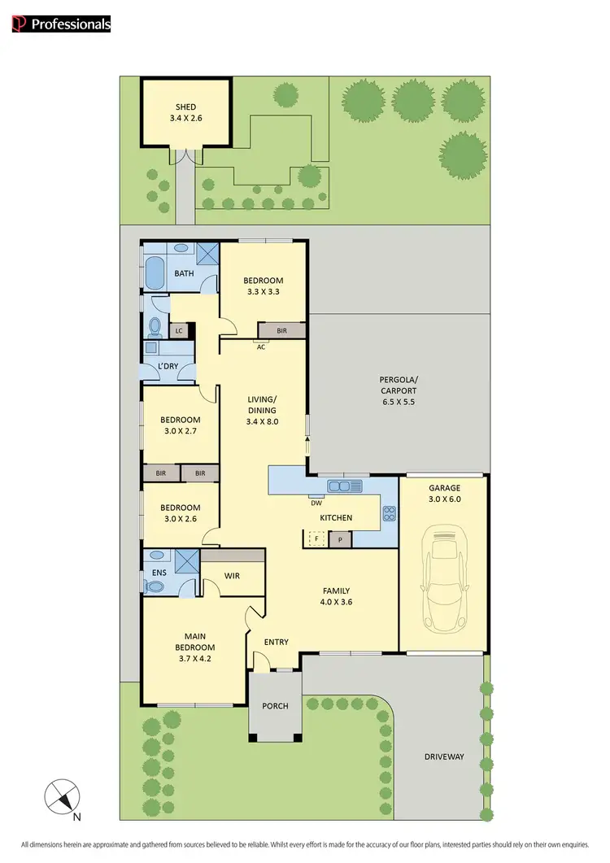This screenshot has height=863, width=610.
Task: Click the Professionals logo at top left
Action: pos(62,24)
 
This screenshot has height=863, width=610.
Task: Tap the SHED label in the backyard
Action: pos(185,107)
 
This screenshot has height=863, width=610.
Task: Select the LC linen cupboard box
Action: pos(179,331)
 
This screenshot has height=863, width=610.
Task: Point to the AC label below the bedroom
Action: pos(262,347)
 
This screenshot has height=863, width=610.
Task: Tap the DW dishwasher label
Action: pos(316,503)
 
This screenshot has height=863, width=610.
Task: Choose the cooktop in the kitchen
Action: pos(389,513)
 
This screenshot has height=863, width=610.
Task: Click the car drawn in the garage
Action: pos(443,581)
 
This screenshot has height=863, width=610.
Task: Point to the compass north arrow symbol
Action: pos(63,795)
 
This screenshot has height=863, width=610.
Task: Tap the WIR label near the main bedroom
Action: pos(231,576)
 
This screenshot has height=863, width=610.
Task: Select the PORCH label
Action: pos(275,705)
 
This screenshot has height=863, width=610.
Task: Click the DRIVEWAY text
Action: pos(444,756)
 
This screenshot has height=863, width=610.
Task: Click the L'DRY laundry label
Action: pos(168,367)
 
